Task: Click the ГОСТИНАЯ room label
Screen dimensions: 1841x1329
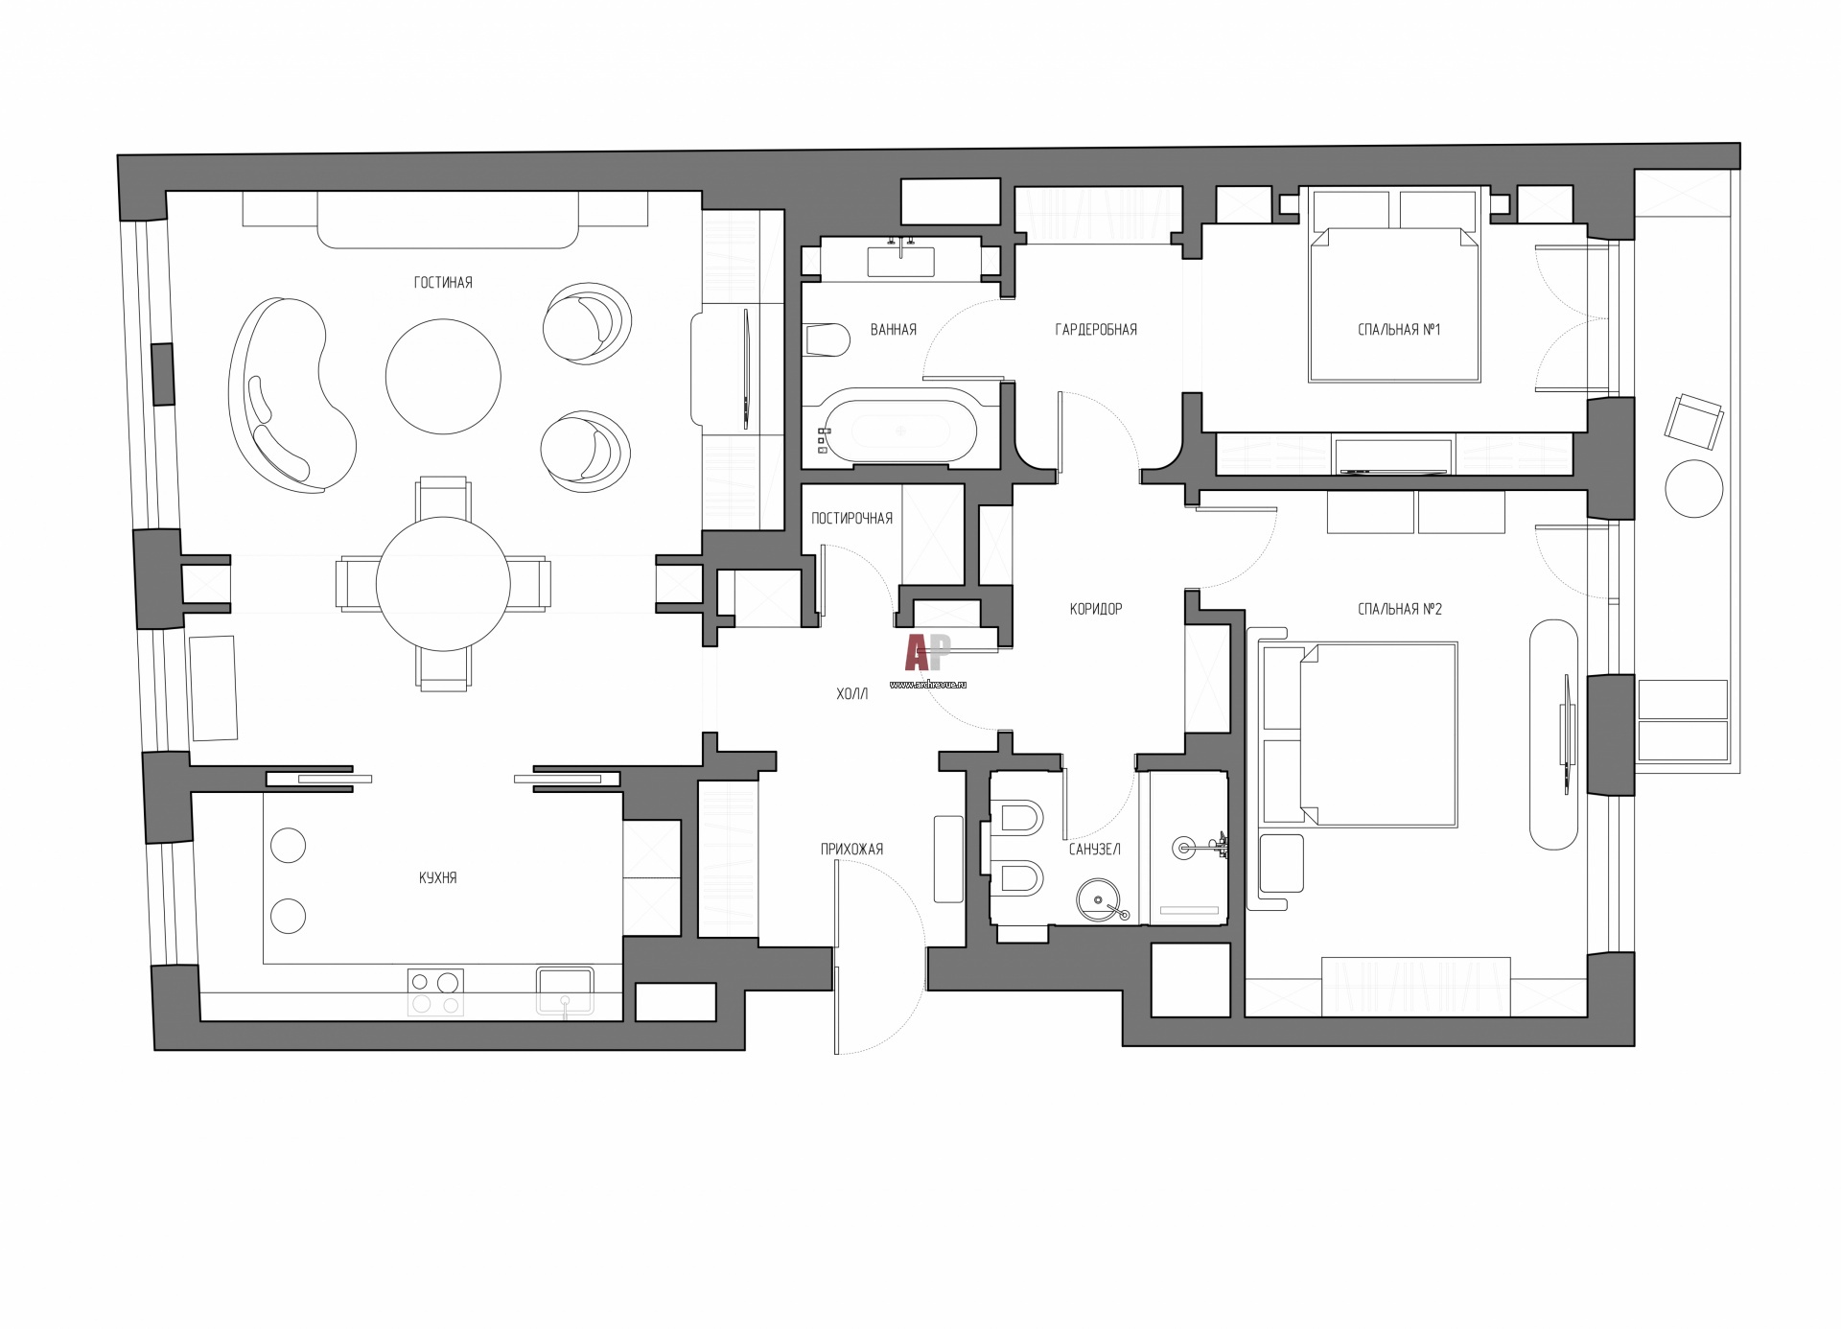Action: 443,283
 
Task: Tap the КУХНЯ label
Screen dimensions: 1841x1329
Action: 438,877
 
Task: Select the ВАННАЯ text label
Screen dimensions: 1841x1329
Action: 894,330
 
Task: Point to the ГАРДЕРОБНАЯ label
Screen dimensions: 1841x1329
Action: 1096,330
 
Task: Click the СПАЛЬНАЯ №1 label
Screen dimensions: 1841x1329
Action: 1399,330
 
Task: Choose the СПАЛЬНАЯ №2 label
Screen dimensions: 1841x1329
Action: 1400,609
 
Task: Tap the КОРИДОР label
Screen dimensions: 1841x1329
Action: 1096,609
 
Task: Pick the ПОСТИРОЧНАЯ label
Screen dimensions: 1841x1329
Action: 851,519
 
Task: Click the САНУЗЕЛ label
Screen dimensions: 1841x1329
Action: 1095,850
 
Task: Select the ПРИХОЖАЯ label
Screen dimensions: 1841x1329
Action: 851,850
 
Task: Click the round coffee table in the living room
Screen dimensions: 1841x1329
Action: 443,377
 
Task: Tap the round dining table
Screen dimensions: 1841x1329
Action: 443,584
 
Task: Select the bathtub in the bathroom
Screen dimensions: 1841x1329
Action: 898,431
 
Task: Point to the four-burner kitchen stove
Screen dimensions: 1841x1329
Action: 435,992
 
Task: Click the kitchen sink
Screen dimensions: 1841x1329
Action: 565,991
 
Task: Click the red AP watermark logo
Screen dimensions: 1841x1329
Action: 927,653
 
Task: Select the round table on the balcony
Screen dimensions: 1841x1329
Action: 1694,489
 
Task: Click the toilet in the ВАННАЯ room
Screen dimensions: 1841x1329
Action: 827,339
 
